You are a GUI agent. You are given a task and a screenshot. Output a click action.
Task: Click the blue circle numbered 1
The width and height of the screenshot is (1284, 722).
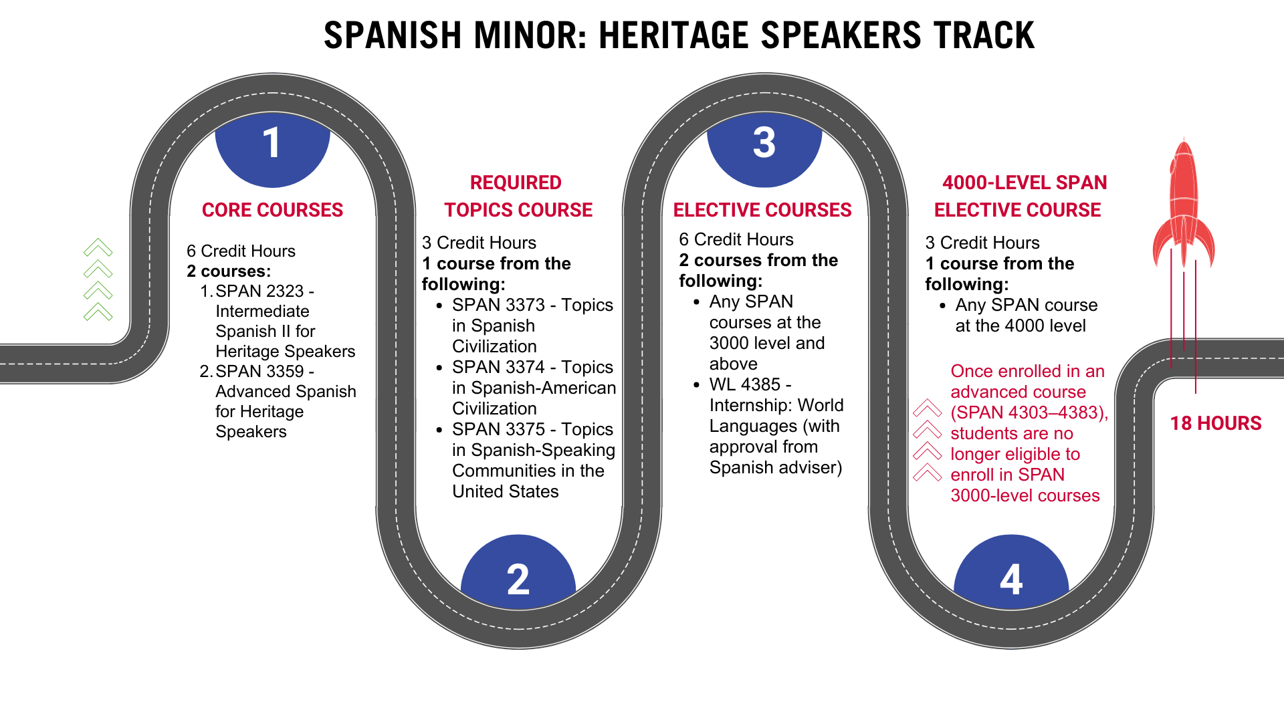click(x=272, y=150)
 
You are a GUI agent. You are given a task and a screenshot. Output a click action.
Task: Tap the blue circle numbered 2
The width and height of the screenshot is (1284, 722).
click(x=518, y=572)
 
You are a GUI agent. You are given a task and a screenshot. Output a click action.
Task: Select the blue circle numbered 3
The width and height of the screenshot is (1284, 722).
click(x=764, y=150)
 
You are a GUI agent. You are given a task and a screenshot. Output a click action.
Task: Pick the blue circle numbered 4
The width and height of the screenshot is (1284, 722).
click(x=1011, y=572)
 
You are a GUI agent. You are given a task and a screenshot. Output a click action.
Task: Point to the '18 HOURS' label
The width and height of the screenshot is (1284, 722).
click(x=1216, y=423)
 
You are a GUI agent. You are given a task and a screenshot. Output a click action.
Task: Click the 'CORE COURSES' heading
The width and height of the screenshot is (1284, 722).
click(x=272, y=210)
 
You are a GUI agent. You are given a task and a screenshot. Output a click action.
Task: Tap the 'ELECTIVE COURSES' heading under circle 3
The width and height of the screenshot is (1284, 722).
click(x=762, y=210)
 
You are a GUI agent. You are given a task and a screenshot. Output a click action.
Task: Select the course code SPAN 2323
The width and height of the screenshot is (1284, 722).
click(x=259, y=291)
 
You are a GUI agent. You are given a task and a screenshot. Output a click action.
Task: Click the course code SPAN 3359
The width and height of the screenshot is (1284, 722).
click(x=259, y=372)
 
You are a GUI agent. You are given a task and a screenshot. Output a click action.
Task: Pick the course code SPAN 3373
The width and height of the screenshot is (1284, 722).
click(x=498, y=306)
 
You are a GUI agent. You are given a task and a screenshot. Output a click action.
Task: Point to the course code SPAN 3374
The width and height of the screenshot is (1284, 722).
click(x=498, y=368)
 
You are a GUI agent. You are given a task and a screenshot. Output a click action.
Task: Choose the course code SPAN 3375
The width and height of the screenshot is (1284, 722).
click(x=498, y=430)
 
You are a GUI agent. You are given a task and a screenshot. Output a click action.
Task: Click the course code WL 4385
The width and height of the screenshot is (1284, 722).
click(x=745, y=385)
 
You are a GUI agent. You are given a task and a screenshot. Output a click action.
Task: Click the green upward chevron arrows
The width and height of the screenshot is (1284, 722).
click(x=98, y=279)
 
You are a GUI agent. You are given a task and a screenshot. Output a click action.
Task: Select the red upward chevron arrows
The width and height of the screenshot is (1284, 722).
click(x=928, y=440)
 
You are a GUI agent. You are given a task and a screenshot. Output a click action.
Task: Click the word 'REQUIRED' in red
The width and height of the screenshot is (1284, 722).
click(x=516, y=183)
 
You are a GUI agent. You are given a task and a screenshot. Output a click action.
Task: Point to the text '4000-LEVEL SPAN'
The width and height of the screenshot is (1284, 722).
click(x=1025, y=183)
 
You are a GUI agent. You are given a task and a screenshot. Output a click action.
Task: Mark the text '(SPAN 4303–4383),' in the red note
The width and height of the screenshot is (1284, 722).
click(x=1029, y=413)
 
